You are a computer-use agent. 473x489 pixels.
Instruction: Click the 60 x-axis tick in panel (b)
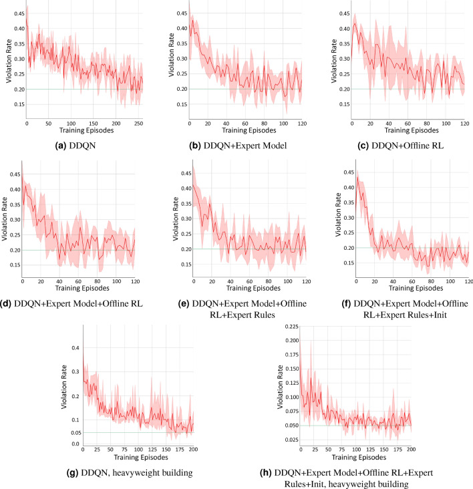(245, 123)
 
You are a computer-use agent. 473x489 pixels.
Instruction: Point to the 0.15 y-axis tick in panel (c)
(341, 104)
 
